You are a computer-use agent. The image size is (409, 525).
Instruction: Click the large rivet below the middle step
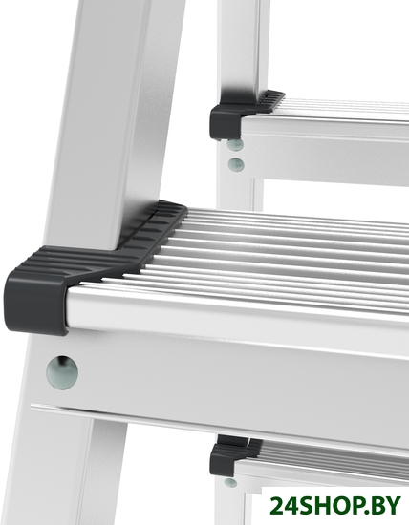click(x=62, y=372)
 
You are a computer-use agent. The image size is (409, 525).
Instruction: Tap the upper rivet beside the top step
click(x=235, y=144)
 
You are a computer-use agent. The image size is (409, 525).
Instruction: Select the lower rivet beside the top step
click(x=236, y=164)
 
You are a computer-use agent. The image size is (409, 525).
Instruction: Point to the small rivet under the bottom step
click(x=230, y=482)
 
